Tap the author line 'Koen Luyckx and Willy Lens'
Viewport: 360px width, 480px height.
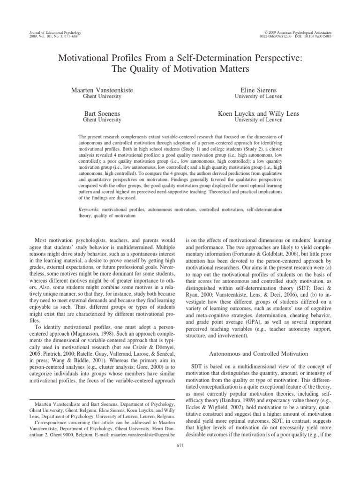point(259,113)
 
